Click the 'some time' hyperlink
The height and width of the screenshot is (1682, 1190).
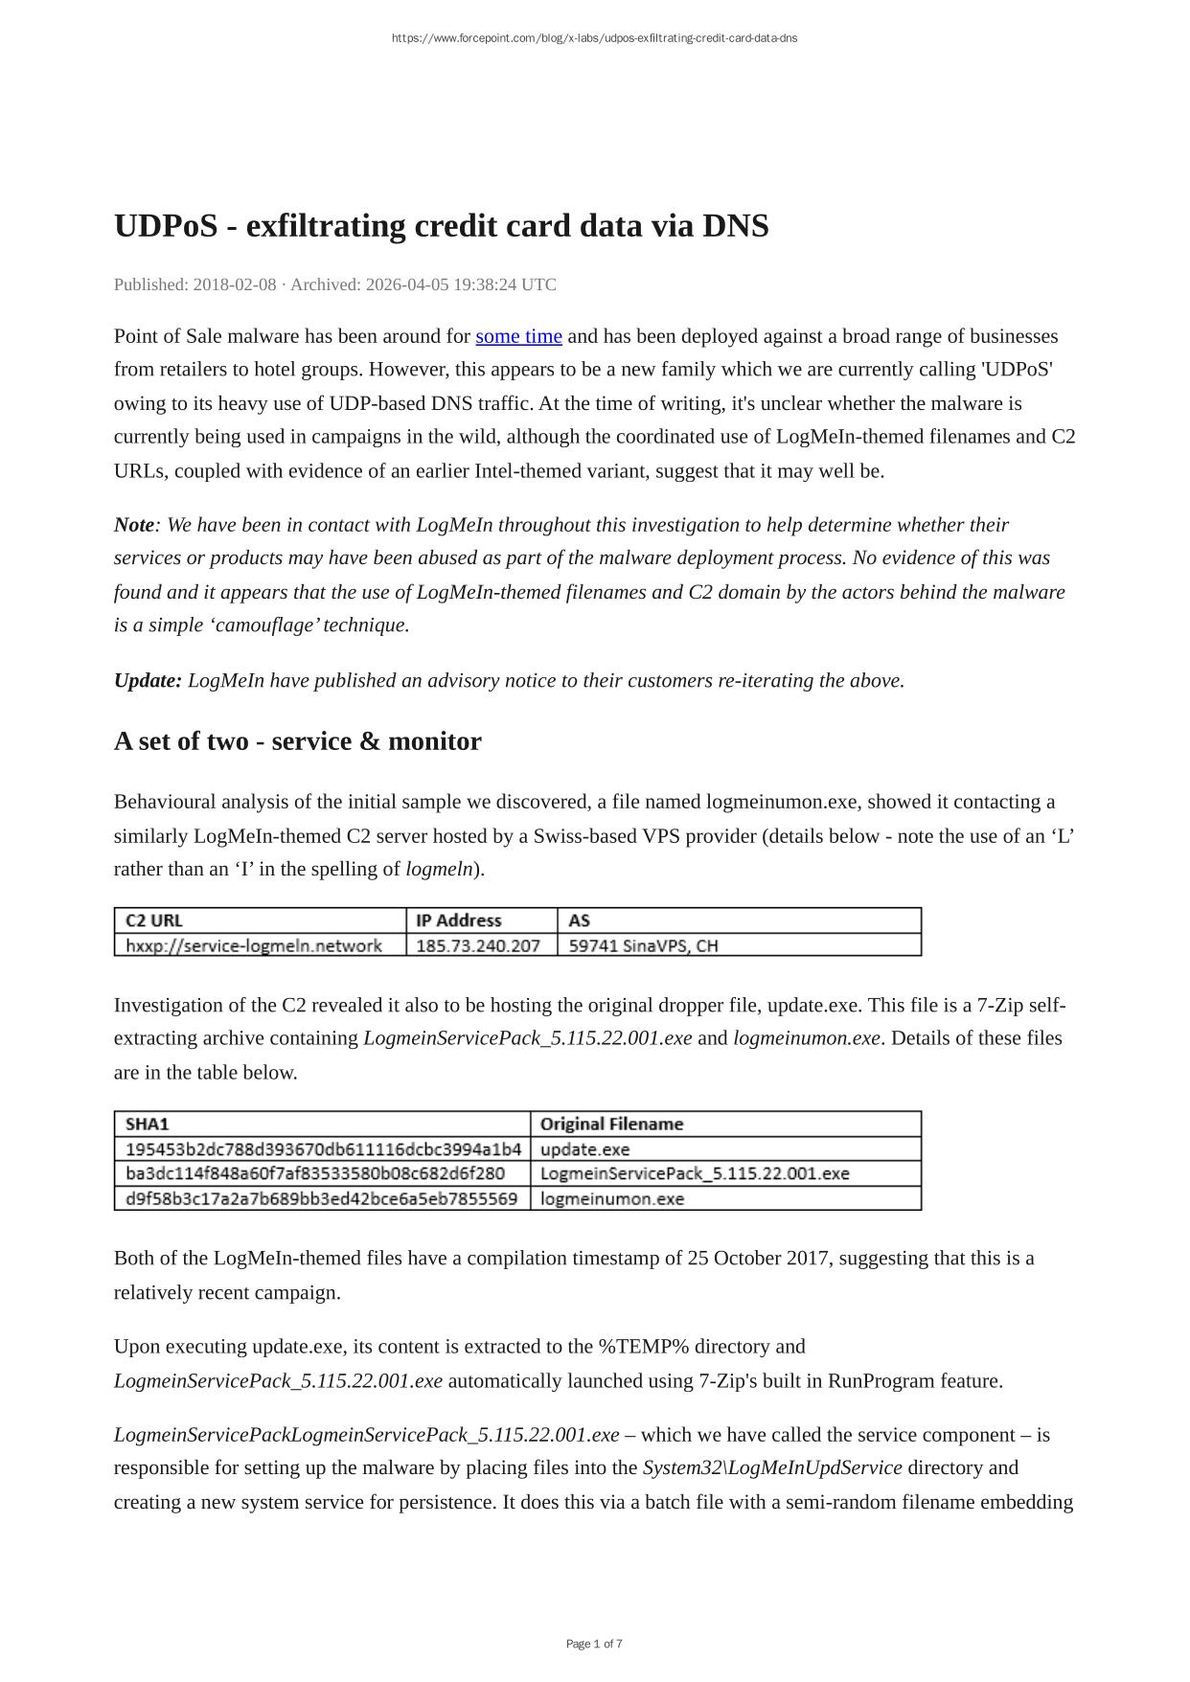pos(518,336)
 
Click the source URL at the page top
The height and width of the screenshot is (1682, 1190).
pos(594,38)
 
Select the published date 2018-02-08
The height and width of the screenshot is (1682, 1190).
pos(234,284)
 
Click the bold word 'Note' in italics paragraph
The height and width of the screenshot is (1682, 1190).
pos(134,525)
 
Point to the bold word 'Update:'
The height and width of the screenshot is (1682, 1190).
pos(148,681)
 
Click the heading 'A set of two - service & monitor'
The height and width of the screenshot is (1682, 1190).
pos(297,741)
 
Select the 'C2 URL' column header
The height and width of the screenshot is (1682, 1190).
pos(154,921)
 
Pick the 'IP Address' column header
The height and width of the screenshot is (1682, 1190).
pos(458,921)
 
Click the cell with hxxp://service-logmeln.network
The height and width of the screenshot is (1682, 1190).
pos(254,946)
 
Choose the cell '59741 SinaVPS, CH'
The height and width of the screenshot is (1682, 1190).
pos(643,946)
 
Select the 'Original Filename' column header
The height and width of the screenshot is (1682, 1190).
pos(611,1125)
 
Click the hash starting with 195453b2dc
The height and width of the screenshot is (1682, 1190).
pos(323,1149)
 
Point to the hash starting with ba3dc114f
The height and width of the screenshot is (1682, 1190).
pos(314,1173)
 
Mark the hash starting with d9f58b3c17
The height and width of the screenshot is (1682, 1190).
pos(321,1198)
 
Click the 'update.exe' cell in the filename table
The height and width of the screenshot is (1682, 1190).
pos(584,1149)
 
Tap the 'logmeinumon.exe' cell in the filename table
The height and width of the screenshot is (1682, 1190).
pos(612,1198)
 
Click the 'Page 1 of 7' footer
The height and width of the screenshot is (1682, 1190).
pos(594,1644)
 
